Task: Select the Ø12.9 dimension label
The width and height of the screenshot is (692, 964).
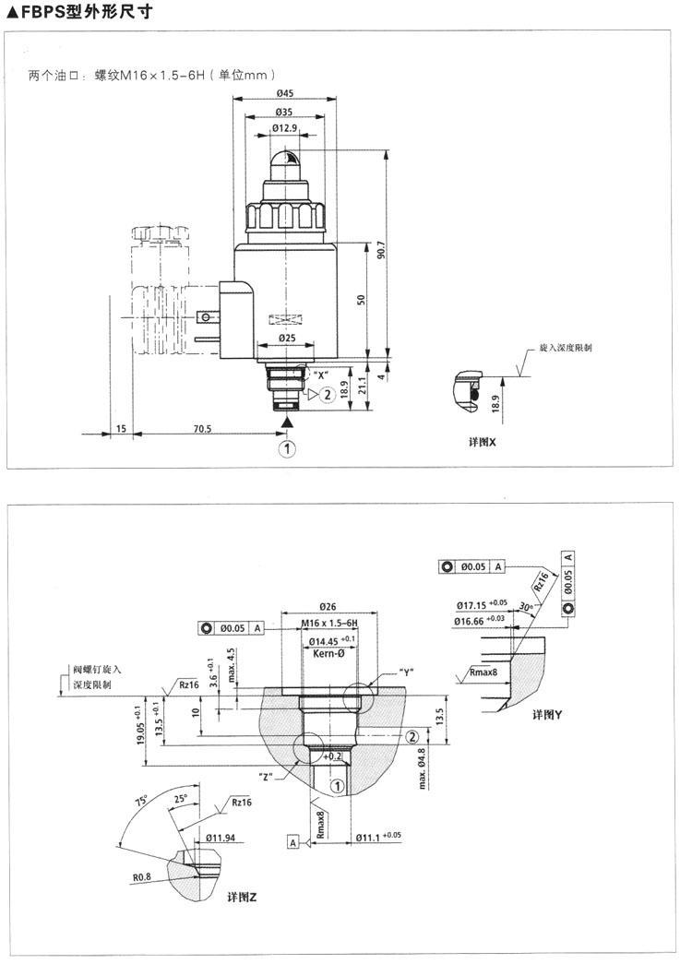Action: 284,128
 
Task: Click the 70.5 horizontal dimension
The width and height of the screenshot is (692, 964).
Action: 202,428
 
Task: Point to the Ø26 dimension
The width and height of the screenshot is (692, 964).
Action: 327,606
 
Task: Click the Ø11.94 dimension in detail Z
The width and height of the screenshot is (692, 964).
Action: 222,837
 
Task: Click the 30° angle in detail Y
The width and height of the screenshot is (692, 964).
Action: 526,607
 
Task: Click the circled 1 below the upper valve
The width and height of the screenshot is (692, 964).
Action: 288,449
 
